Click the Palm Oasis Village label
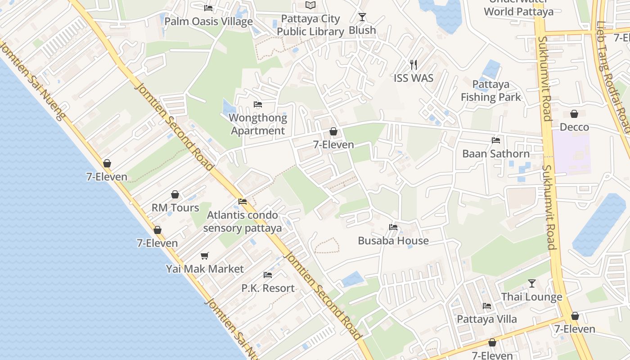[x=208, y=21]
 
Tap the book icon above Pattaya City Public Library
[x=310, y=5]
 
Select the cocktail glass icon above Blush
[x=362, y=17]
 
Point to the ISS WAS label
[x=414, y=78]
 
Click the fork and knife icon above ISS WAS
[x=414, y=65]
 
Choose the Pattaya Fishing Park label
[x=491, y=90]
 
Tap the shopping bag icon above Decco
[x=574, y=114]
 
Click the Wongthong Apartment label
[x=258, y=124]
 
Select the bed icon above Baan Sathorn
[x=496, y=140]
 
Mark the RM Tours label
[x=175, y=207]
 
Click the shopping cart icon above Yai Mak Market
[x=205, y=256]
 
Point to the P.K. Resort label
[x=268, y=288]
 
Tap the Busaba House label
[x=393, y=241]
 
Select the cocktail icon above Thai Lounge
[x=532, y=283]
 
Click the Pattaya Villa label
[x=487, y=319]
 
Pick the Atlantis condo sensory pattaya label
[x=243, y=221]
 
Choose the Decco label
[x=574, y=127]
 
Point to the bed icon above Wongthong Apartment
[x=258, y=104]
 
